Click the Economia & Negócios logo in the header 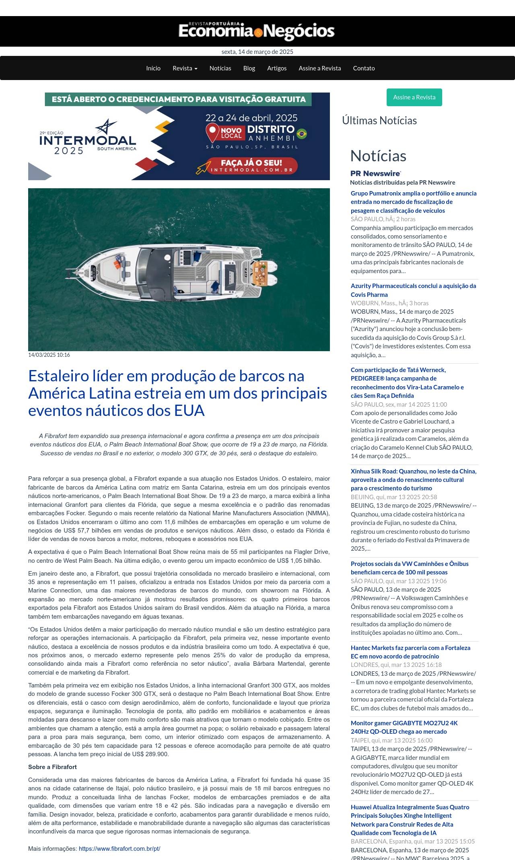point(257,31)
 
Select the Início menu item point(153,68)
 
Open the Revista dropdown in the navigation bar point(185,68)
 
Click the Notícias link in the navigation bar point(220,68)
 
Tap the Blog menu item point(249,68)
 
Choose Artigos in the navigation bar point(277,68)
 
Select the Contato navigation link point(364,68)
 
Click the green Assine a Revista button point(414,97)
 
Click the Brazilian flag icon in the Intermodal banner point(302,134)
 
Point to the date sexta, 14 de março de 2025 point(257,52)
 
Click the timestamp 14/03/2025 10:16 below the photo point(49,355)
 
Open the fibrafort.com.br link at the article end point(119,849)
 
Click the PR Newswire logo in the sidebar point(375,173)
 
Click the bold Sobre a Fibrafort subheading point(52,767)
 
